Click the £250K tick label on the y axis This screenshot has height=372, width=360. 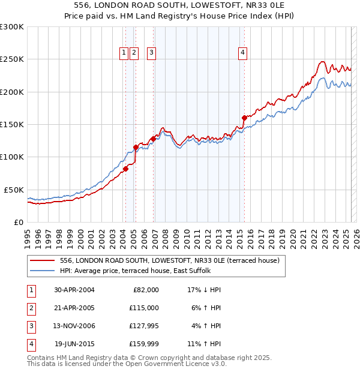point(11,59)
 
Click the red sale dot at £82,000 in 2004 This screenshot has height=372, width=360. point(125,169)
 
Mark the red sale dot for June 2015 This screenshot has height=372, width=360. point(244,118)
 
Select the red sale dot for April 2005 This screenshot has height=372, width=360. point(136,147)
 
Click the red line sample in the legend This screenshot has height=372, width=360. point(42,260)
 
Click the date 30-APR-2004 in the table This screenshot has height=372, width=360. point(75,290)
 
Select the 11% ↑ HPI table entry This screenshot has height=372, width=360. point(204,344)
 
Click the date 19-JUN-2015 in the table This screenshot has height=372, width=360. point(75,344)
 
